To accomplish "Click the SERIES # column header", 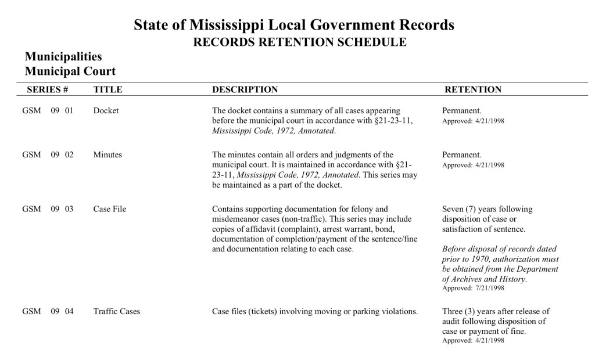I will [48, 90].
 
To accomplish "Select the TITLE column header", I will [107, 90].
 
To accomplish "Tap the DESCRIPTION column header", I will [245, 90].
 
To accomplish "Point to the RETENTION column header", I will [472, 90].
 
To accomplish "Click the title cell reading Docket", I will [106, 111].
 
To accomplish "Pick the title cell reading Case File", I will [109, 209].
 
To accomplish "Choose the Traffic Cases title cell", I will [116, 311].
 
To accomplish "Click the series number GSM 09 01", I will [48, 111].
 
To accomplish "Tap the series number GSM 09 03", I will [48, 209].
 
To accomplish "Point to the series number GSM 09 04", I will [48, 311].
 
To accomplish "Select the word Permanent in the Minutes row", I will [461, 155].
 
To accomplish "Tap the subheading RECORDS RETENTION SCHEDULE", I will [299, 42].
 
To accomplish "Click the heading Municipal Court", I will [70, 71].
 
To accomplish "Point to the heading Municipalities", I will [63, 57].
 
